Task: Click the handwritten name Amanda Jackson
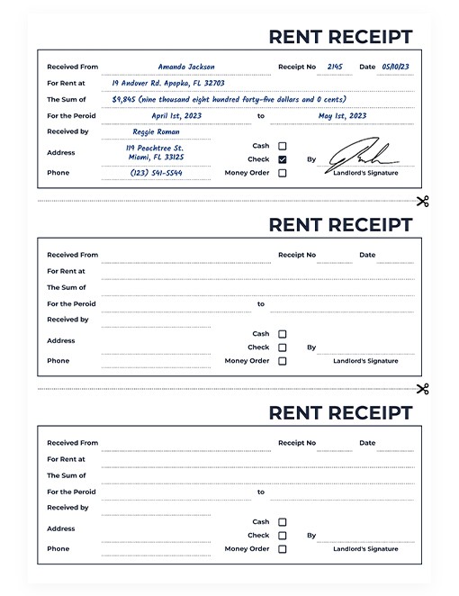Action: point(186,67)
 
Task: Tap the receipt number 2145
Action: point(335,67)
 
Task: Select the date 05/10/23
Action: point(395,67)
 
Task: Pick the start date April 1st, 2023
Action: point(176,115)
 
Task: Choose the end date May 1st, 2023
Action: point(343,115)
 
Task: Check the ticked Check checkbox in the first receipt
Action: point(283,159)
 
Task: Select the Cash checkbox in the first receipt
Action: point(283,146)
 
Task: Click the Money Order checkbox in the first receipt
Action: point(283,173)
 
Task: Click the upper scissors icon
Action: point(422,201)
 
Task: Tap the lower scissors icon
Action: point(422,389)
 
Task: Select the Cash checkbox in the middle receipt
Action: point(283,334)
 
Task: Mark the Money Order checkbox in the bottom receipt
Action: point(283,548)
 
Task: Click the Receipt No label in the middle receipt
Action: point(297,255)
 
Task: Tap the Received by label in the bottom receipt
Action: point(67,508)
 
